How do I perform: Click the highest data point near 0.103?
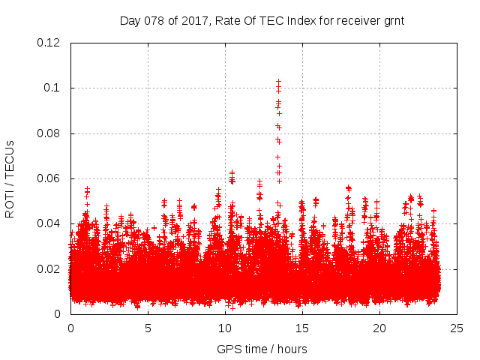coord(278,81)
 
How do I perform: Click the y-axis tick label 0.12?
coord(49,43)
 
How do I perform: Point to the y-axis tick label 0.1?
coord(52,88)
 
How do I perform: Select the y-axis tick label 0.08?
coord(49,133)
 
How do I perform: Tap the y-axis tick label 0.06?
coord(49,178)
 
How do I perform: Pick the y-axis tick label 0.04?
coord(49,223)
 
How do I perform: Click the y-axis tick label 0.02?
coord(49,269)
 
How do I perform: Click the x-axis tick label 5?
coord(148,328)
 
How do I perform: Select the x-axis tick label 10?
coord(225,328)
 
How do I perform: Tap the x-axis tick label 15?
coord(302,328)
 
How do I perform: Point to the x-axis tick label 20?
coord(379,328)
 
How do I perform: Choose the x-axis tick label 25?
coord(457,328)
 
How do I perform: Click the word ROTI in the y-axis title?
coord(10,204)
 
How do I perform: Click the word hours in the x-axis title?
coord(291,349)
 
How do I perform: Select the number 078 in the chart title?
coord(156,21)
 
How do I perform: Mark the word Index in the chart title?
coord(303,21)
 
